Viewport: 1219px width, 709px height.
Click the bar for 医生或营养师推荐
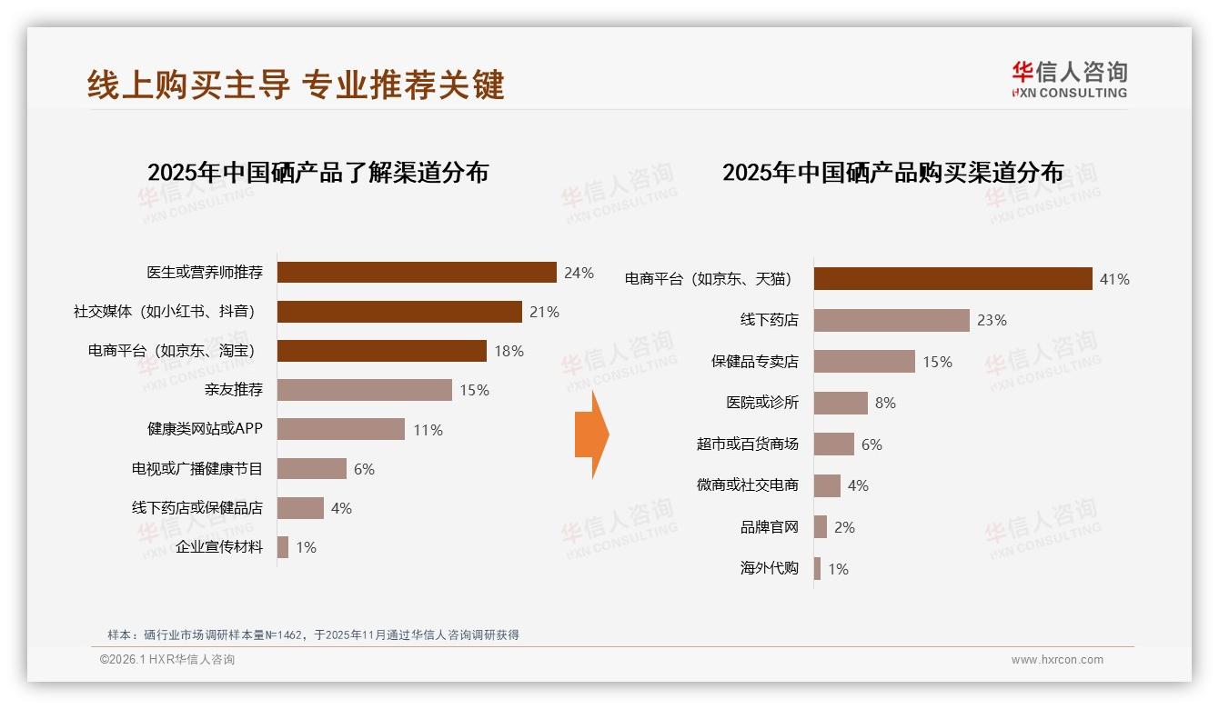[x=417, y=273]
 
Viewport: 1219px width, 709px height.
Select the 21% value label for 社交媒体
[x=544, y=312]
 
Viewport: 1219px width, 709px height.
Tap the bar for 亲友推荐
[x=364, y=390]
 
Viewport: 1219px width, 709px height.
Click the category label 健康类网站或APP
[x=205, y=429]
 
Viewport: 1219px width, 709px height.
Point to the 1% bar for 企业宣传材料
[x=283, y=547]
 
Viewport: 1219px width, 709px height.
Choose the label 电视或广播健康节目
[x=196, y=469]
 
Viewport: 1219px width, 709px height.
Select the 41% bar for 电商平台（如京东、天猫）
[x=952, y=279]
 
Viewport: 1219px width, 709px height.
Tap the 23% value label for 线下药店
[x=992, y=320]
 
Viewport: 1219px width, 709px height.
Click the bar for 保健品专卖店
[x=864, y=362]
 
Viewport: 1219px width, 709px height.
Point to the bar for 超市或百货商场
[x=834, y=444]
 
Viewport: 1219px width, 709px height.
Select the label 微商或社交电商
[x=747, y=485]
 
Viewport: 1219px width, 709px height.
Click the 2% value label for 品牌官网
[x=844, y=527]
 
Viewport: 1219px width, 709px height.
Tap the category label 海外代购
[x=769, y=569]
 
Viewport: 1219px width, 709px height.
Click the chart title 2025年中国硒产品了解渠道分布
[x=317, y=173]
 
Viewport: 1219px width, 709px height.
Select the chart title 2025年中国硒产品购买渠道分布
[x=892, y=173]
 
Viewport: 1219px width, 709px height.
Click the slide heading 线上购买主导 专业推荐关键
[x=296, y=85]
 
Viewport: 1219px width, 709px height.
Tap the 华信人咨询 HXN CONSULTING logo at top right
[x=1069, y=79]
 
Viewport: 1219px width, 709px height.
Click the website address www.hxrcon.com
[x=1056, y=660]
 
